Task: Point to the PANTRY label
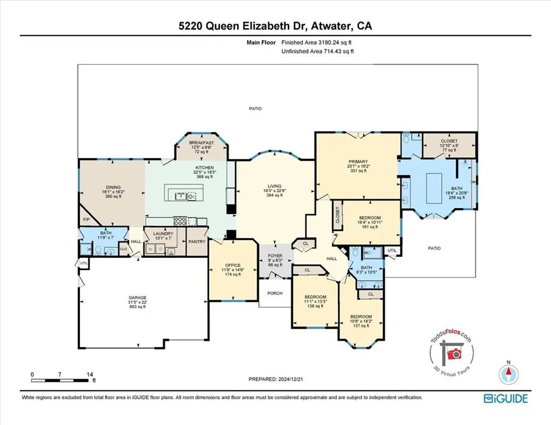(x=196, y=240)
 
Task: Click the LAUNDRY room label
(x=163, y=233)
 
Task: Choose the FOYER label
(x=274, y=255)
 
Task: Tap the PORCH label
(x=275, y=293)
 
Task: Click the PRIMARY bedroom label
(x=358, y=162)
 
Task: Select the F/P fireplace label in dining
(x=86, y=220)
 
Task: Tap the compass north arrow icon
(x=509, y=374)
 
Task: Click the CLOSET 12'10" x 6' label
(x=449, y=144)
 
